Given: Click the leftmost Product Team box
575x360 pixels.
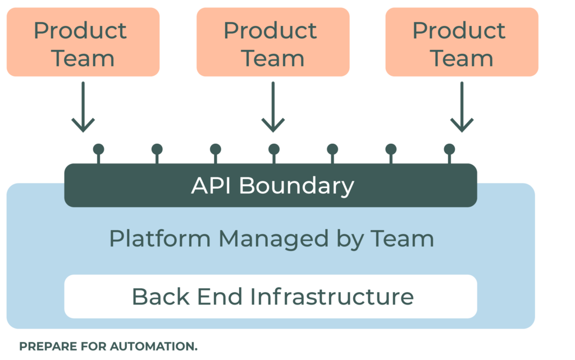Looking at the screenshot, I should (x=83, y=43).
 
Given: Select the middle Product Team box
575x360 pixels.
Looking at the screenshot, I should (x=273, y=43).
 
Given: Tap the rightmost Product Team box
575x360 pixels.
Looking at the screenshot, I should (x=462, y=43).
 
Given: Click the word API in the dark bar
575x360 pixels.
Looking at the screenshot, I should (x=211, y=185).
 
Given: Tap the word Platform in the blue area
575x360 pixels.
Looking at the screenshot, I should (x=160, y=239).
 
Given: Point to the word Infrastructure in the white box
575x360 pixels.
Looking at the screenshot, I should (x=332, y=296).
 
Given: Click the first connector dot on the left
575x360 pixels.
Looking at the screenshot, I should (x=99, y=149).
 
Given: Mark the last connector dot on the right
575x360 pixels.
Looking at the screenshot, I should (x=449, y=149).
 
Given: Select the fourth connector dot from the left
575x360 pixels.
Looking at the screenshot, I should (x=274, y=149).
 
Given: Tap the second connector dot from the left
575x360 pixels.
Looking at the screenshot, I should (x=157, y=149).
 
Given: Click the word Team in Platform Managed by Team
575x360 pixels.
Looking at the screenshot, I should (x=402, y=239).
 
